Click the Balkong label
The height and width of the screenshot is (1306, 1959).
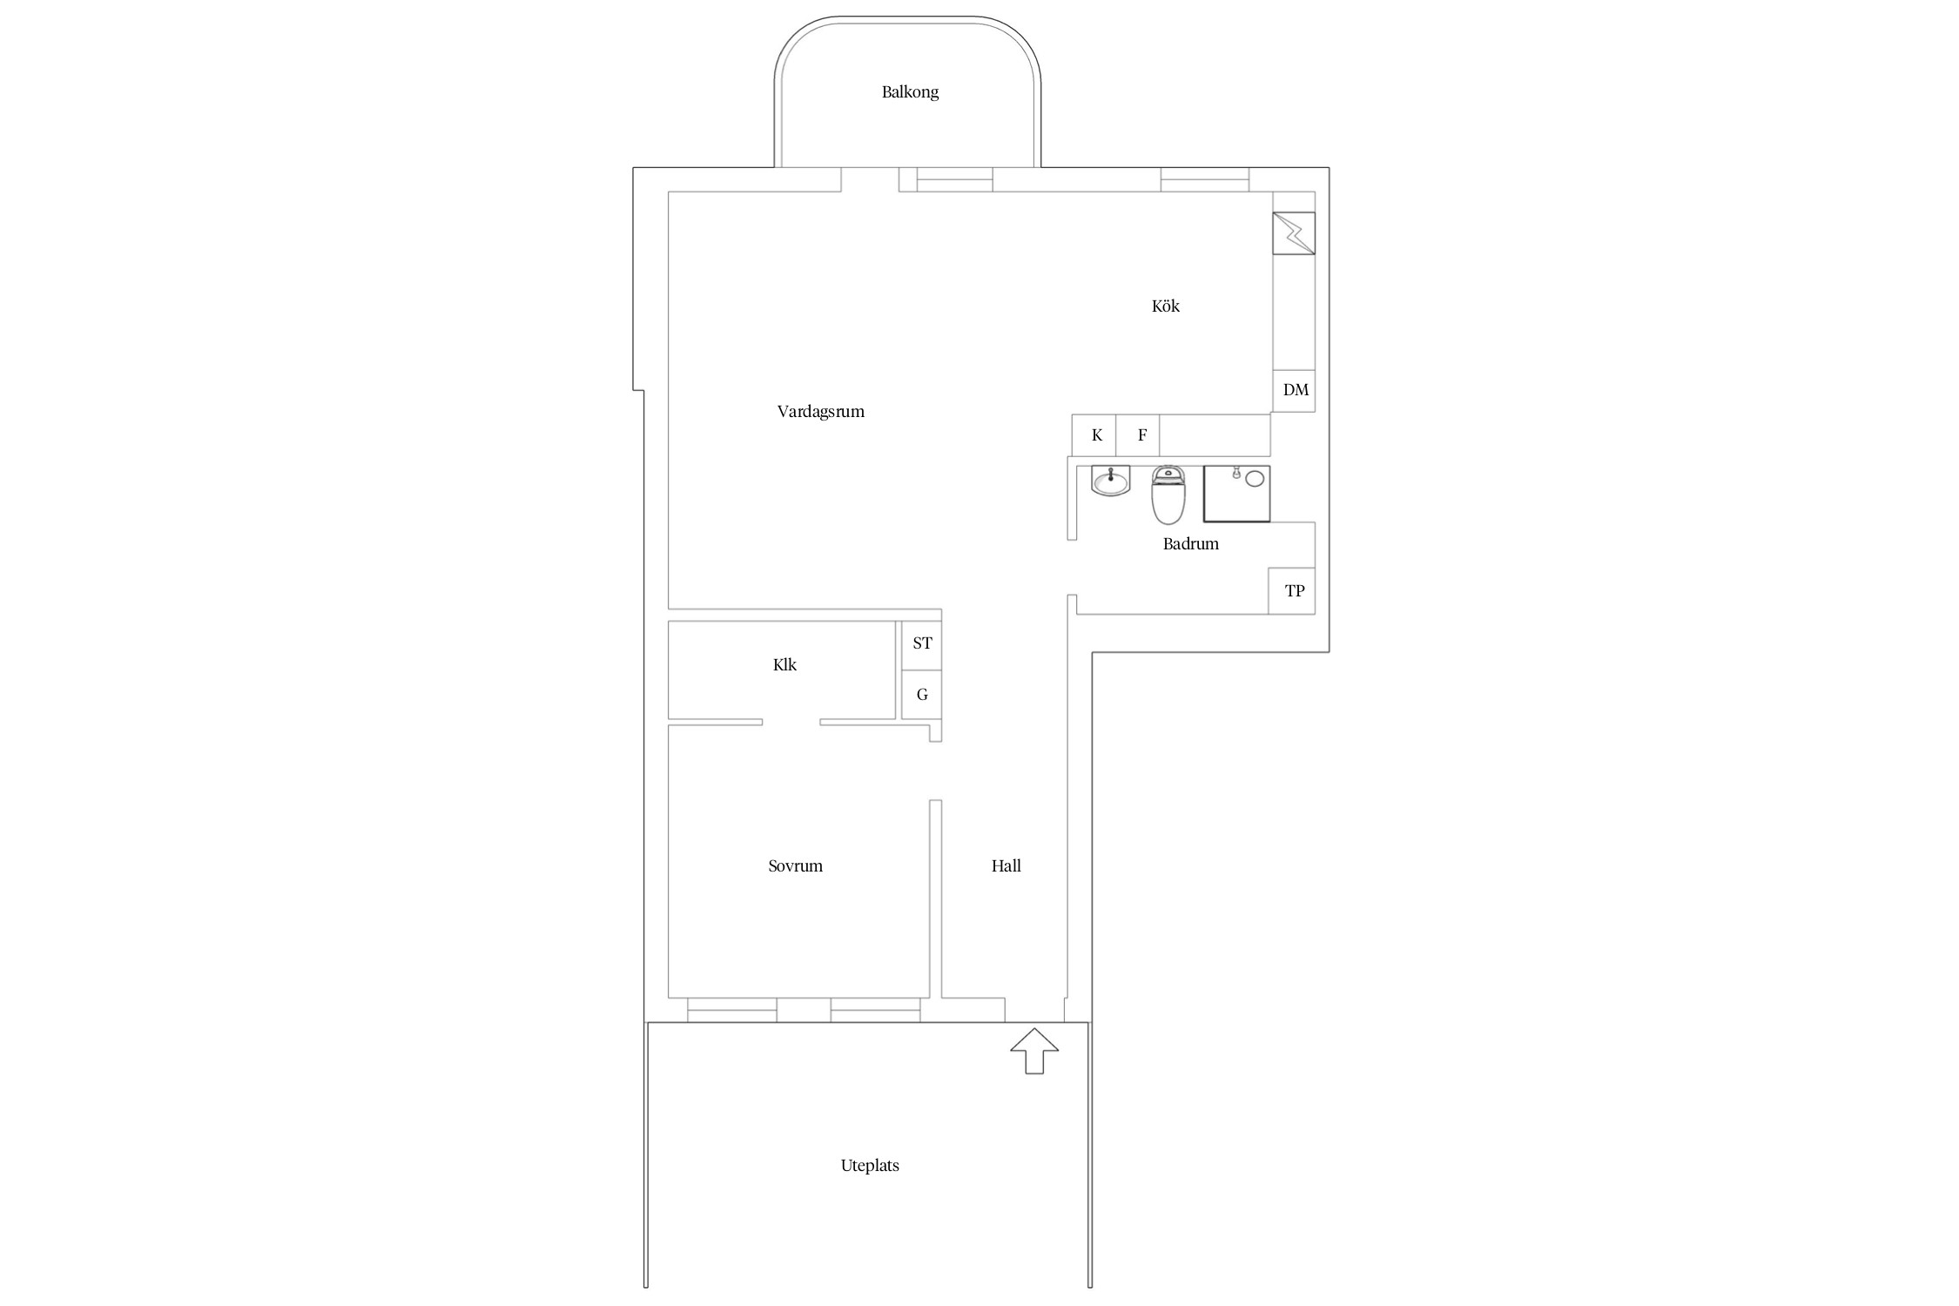910,92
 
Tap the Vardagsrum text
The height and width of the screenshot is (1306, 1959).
821,412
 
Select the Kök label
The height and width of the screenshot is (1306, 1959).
1166,306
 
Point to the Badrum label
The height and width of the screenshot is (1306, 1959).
1191,544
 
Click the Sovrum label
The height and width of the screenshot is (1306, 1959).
796,866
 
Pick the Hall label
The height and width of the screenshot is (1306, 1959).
1006,866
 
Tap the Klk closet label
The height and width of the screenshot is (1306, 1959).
784,665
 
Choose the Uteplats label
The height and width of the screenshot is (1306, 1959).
870,1166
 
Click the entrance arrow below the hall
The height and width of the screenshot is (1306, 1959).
1034,1051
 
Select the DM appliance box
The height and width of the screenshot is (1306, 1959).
1294,390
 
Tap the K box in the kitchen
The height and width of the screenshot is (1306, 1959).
1094,435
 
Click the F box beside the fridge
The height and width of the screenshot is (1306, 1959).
1138,435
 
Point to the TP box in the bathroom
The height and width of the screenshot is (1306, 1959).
1292,591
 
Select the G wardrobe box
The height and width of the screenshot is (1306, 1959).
921,695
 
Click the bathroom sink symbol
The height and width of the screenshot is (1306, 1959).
1111,481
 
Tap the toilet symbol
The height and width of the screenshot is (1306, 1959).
1168,495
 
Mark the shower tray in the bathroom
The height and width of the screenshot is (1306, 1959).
1237,494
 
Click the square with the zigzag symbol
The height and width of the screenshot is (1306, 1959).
1294,233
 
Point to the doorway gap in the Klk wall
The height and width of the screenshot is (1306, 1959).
791,722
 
